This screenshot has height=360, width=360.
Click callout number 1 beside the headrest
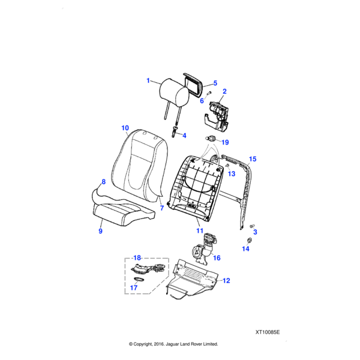pyautogui.click(x=148, y=80)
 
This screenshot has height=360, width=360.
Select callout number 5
pyautogui.click(x=215, y=83)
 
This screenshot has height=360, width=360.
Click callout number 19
pyautogui.click(x=226, y=142)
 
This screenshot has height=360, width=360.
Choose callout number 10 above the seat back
pyautogui.click(x=125, y=128)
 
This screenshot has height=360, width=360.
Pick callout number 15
pyautogui.click(x=253, y=159)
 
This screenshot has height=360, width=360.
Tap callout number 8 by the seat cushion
pyautogui.click(x=103, y=181)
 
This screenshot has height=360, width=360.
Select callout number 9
pyautogui.click(x=100, y=231)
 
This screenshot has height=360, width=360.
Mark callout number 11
pyautogui.click(x=200, y=230)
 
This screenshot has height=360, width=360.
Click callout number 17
pyautogui.click(x=134, y=287)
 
